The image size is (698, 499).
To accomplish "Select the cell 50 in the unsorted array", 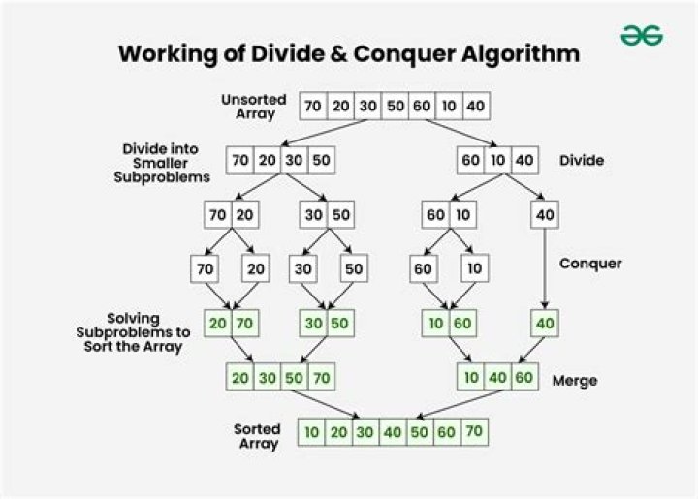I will pos(395,106).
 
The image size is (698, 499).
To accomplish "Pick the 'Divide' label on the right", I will pos(583,159).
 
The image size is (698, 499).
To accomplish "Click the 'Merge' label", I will pos(575,381).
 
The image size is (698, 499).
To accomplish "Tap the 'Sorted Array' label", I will pos(257,436).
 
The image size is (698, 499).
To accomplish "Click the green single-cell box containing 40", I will pos(545,322).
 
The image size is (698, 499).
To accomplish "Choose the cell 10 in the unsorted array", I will pos(449,106).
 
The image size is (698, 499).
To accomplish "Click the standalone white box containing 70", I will pos(205,268).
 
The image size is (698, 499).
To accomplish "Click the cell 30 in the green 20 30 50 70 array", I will pos(268,377).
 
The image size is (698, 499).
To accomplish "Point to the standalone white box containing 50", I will pos(354,268).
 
